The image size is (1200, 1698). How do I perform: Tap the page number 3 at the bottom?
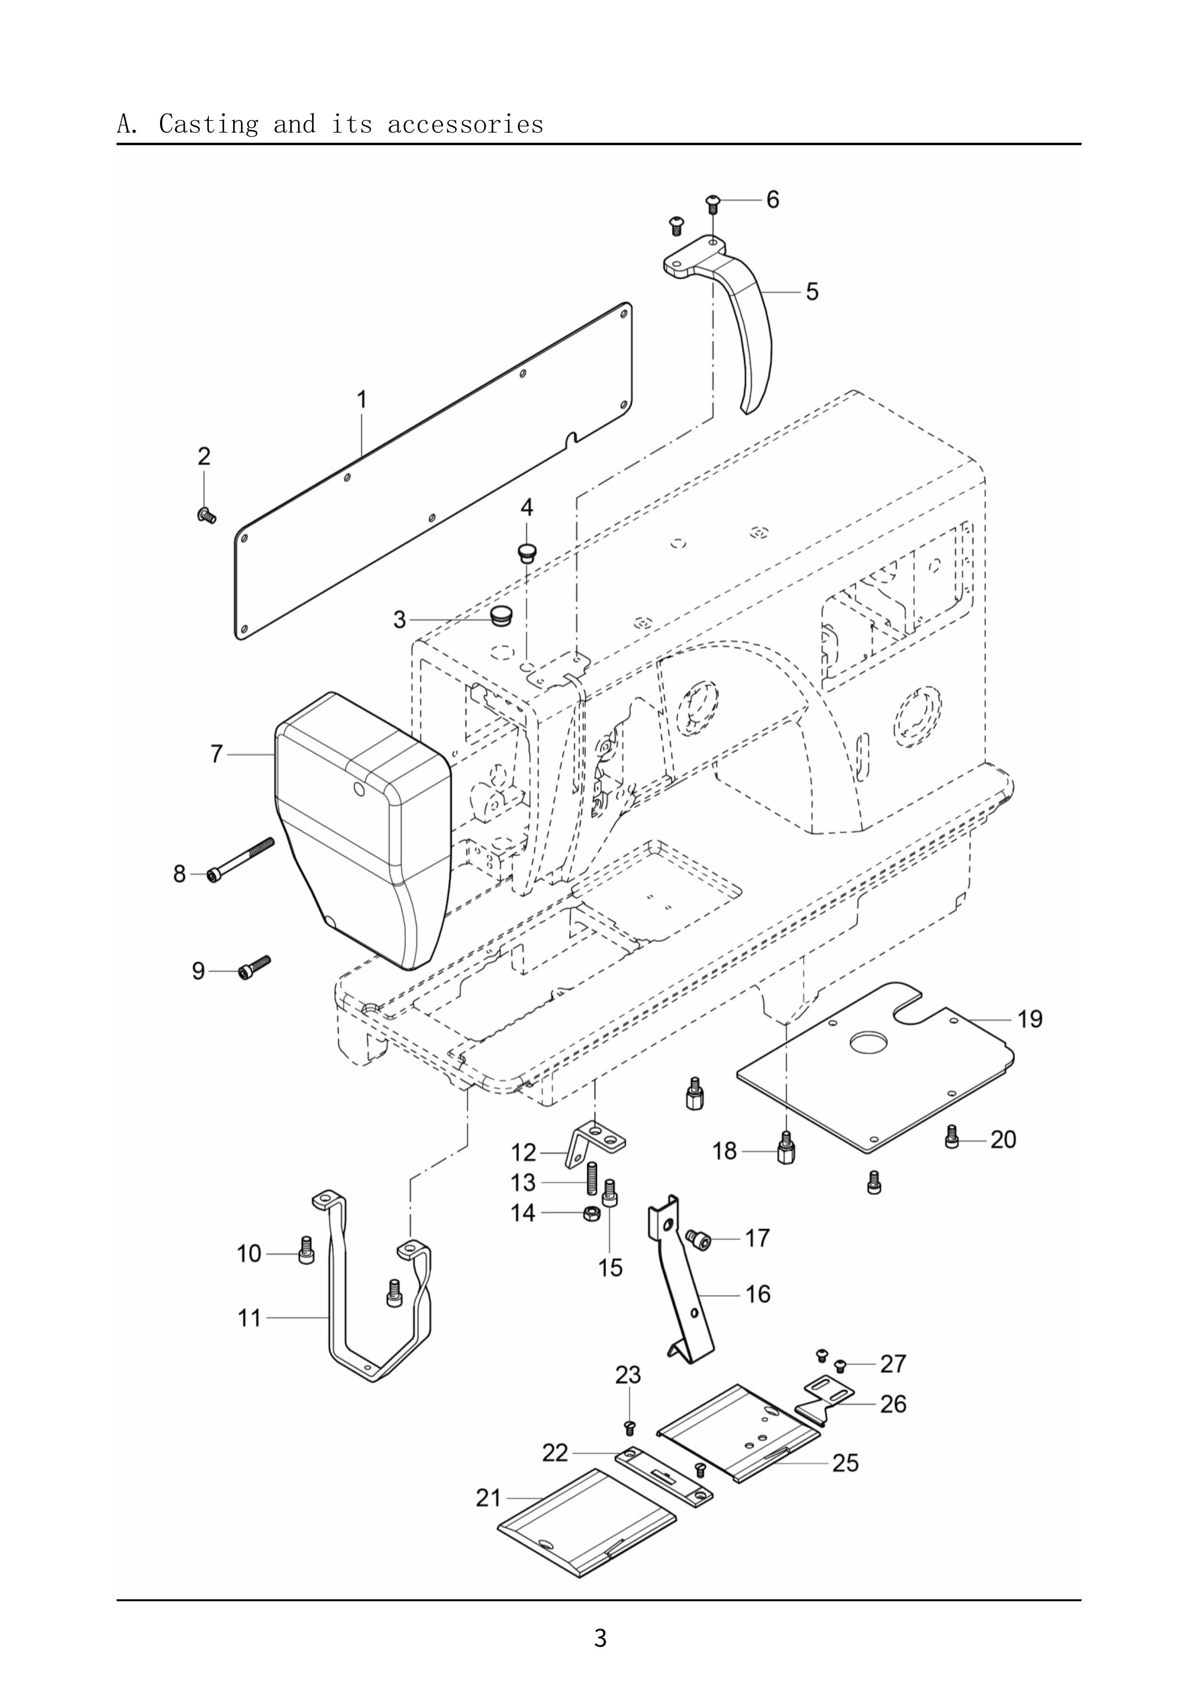click(x=600, y=1638)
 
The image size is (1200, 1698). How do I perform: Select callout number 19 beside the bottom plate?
click(x=1030, y=1019)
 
